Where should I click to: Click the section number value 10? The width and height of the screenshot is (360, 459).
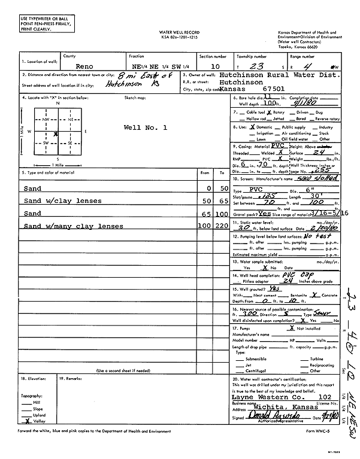coord(206,66)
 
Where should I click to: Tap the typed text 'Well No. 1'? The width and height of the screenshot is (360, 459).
coord(145,127)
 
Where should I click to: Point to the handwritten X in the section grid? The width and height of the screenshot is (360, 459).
coord(56,134)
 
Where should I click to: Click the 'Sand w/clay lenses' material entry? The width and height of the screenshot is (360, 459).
coord(63,200)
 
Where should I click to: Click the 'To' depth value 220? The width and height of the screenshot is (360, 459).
coord(222,226)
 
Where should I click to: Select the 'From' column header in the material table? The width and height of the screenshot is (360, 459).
coord(205,172)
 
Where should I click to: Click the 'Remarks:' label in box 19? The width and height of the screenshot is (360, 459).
coord(71,379)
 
